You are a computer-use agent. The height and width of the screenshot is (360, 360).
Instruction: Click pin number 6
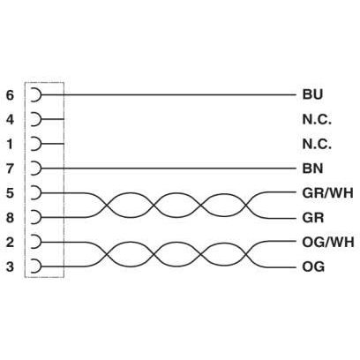coord(10,95)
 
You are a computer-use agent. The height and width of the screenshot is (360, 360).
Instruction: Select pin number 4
coord(10,120)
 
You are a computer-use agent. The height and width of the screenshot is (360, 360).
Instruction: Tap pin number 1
coord(10,144)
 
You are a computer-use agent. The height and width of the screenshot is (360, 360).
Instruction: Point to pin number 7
coord(10,169)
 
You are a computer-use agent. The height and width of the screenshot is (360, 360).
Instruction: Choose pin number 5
coord(10,193)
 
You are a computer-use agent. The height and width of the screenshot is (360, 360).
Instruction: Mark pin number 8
coord(10,218)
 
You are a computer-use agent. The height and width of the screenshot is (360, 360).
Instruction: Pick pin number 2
coord(10,243)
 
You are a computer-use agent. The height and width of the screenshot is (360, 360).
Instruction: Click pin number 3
coord(10,266)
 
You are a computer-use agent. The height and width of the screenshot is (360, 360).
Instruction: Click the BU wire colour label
coord(312,94)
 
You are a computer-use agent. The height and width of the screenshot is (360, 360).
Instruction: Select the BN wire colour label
coord(312,169)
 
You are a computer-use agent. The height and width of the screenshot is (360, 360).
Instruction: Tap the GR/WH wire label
coord(327,193)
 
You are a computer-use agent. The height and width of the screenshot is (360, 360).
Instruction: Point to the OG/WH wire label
coord(328,243)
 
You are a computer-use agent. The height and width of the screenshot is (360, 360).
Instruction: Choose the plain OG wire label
coord(313,267)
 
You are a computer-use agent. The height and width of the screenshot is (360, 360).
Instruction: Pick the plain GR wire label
coord(313,218)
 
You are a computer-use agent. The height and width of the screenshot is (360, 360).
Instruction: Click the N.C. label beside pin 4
coord(317,120)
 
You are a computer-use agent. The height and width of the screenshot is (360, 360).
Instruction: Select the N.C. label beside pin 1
coord(317,144)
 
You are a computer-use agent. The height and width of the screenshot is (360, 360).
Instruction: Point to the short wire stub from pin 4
coord(53,119)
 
